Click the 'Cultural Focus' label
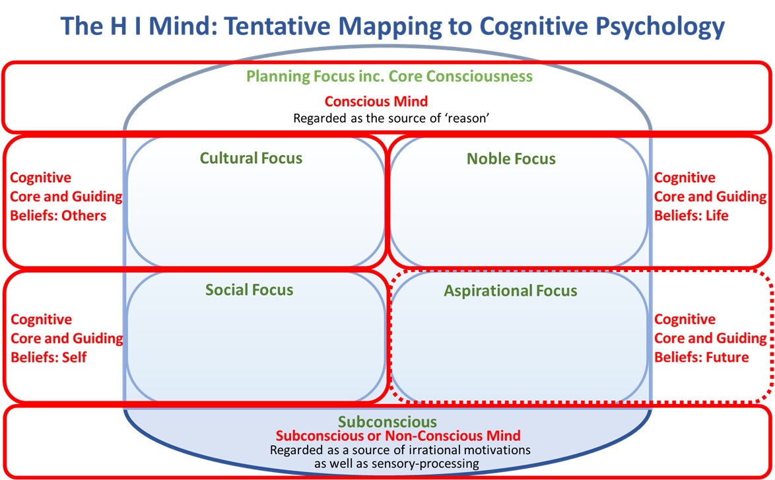[251, 158]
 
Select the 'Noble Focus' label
[511, 159]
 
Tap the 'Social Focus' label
[249, 290]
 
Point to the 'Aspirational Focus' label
[510, 291]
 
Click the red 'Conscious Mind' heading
[376, 102]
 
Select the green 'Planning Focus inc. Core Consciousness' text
[389, 76]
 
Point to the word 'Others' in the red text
[84, 215]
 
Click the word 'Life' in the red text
[716, 215]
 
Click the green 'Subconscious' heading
[387, 422]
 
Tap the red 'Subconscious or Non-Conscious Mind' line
[398, 436]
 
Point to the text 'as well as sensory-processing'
[387, 463]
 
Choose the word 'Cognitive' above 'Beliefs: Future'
[685, 320]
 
